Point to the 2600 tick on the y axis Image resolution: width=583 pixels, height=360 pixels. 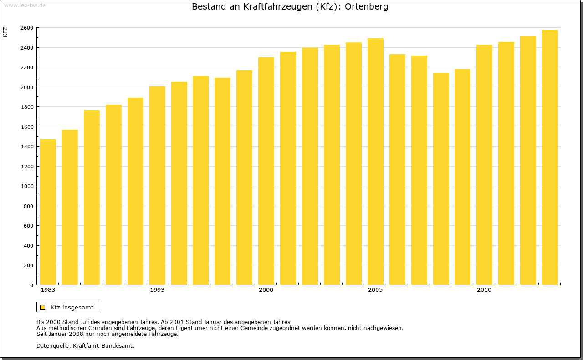pos(27,28)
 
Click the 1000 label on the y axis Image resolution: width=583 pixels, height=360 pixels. pos(27,186)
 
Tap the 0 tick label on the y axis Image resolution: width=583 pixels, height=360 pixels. pos(31,285)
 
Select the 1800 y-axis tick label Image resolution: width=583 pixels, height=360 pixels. pos(27,107)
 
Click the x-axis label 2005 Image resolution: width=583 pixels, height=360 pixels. pos(375,290)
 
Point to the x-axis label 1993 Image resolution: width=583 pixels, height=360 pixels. pos(157,290)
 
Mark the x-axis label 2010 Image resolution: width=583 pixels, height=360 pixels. pos(484,290)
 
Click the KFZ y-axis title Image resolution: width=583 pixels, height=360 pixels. pos(5,32)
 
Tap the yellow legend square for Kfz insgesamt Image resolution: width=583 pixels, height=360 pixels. pos(42,307)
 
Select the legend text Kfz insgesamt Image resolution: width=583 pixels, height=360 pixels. pos(72,307)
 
